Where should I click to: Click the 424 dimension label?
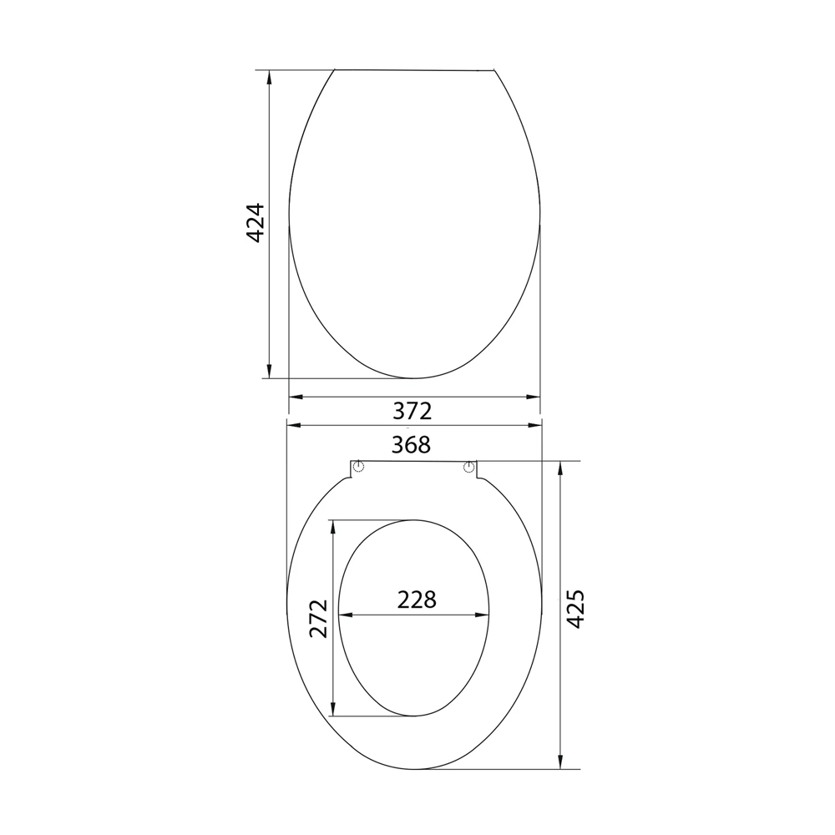256,223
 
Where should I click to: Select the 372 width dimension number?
412,411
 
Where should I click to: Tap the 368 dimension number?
411,445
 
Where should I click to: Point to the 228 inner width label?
417,600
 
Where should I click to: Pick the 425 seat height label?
574,609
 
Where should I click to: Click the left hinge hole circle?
359,468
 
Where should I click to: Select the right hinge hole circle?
468,468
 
